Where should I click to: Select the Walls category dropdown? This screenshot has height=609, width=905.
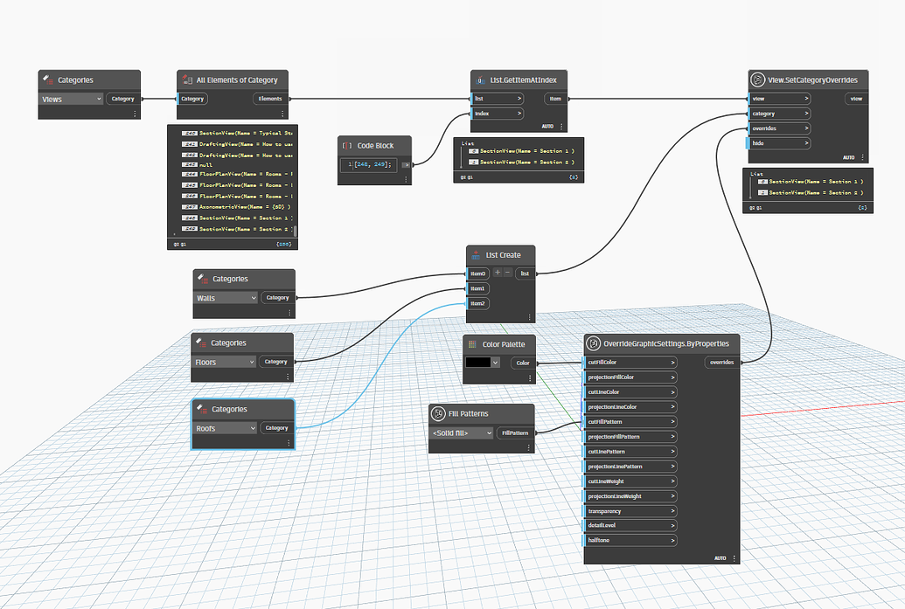[x=226, y=298]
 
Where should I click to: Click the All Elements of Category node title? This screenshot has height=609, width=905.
[x=236, y=80]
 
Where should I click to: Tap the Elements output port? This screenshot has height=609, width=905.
[x=270, y=99]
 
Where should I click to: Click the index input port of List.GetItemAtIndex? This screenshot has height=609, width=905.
[x=497, y=114]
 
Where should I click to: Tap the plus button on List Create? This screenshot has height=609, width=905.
[x=498, y=273]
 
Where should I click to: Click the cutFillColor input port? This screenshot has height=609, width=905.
[x=630, y=362]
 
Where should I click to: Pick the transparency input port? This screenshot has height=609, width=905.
[x=630, y=510]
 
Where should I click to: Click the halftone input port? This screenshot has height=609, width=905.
[x=630, y=540]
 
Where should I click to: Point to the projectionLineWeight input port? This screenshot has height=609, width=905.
[x=630, y=495]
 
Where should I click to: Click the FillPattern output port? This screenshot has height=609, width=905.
[x=515, y=433]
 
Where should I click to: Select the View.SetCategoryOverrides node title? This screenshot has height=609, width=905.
[x=816, y=80]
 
